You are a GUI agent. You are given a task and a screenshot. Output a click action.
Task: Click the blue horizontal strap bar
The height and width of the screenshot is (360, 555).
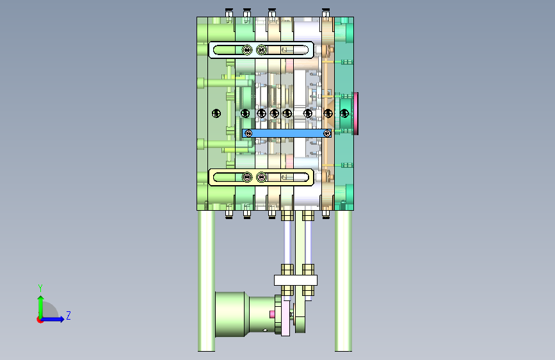point(287,133)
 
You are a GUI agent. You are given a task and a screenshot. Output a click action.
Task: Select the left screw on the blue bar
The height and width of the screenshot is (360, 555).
point(248,133)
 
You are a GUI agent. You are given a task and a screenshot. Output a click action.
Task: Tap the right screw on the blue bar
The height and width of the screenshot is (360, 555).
point(327,133)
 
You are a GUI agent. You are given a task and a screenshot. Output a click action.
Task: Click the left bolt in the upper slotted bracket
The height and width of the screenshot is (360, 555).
point(247,50)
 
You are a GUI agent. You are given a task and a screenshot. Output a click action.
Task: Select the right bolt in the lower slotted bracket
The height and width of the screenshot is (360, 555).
point(261,177)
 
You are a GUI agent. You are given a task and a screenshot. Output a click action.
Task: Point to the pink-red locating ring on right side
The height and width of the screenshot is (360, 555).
point(356,113)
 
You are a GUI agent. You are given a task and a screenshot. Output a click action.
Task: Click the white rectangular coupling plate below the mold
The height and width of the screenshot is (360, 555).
point(296,281)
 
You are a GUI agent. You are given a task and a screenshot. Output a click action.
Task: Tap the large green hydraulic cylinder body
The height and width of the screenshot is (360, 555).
point(230,315)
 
